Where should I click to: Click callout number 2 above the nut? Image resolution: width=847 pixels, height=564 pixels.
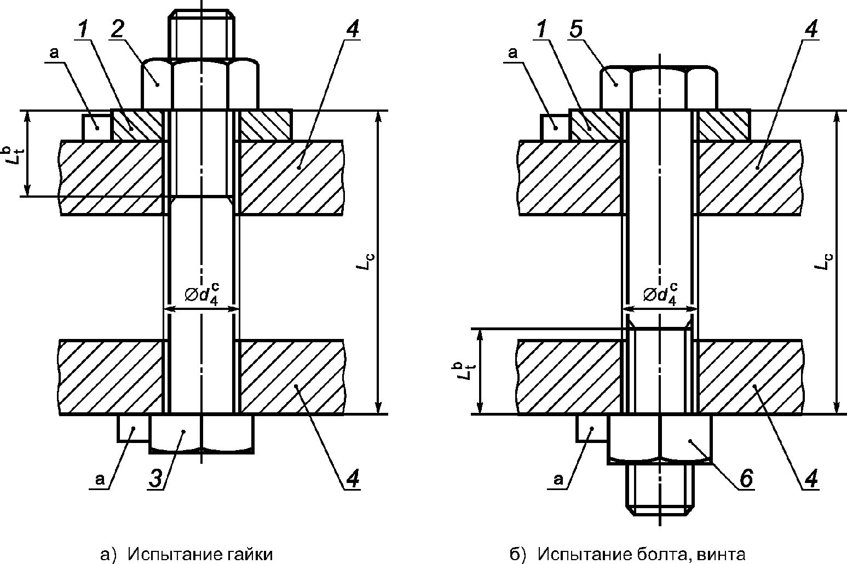pos(117,30)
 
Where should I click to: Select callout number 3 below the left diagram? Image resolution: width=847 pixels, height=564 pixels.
pos(155,479)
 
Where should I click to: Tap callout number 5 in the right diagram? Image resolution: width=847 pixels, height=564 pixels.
pos(576,30)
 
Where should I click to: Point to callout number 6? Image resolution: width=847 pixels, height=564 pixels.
pos(746,479)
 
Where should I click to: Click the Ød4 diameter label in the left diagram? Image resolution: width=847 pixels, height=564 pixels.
pos(201,295)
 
